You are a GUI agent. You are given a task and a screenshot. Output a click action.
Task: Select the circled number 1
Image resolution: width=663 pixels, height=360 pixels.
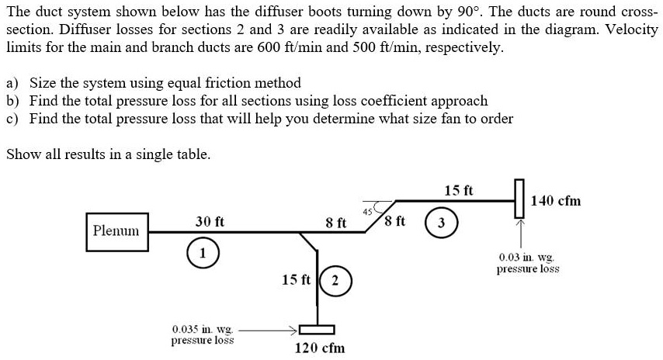(203, 253)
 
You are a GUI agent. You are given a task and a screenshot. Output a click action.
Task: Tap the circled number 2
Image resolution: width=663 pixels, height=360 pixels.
(335, 281)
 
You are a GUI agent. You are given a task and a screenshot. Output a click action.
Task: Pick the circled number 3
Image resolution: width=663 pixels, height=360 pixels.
(441, 222)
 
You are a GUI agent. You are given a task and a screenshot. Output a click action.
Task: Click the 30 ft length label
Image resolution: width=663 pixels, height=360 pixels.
(210, 221)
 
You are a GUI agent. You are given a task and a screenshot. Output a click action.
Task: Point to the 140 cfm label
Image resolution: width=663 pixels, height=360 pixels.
(556, 201)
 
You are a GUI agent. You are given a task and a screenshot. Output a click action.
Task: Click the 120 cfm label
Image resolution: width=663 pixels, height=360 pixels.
(320, 348)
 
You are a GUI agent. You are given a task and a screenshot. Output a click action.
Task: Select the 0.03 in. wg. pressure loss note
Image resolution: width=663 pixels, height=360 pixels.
(528, 263)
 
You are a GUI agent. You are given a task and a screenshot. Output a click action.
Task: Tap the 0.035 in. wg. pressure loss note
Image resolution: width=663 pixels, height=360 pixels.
(203, 334)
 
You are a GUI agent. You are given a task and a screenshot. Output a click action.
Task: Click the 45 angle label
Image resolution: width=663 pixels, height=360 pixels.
(367, 211)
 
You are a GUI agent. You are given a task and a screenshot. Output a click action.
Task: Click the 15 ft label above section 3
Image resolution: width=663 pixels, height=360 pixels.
(459, 191)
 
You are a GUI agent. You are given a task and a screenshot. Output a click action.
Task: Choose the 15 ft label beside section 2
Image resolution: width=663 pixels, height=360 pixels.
(296, 280)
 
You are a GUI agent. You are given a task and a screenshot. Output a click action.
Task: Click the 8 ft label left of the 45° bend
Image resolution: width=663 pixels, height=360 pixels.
(336, 223)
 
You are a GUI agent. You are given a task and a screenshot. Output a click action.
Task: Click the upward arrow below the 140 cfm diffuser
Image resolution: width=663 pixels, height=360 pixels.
(520, 234)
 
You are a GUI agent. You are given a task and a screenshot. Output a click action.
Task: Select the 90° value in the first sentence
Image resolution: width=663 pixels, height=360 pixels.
(468, 12)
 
